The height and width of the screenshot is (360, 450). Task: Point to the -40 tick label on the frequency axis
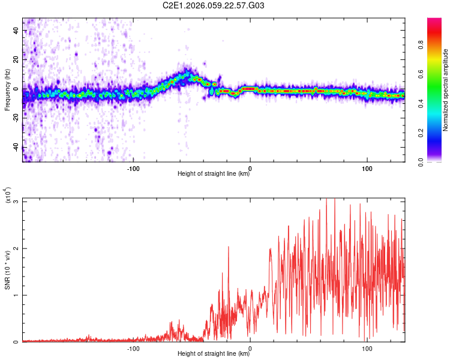pos(16,146)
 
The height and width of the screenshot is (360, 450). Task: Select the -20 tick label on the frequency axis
pos(16,118)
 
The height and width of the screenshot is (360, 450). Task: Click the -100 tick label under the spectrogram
pos(133,169)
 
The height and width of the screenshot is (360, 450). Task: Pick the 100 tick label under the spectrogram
pos(367,169)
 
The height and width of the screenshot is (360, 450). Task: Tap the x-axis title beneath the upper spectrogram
pos(214,175)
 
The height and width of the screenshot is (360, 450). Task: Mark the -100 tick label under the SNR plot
pos(133,349)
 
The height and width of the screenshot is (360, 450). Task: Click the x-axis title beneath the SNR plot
pos(214,355)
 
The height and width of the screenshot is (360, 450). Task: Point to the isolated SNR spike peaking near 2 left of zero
pos(228,248)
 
